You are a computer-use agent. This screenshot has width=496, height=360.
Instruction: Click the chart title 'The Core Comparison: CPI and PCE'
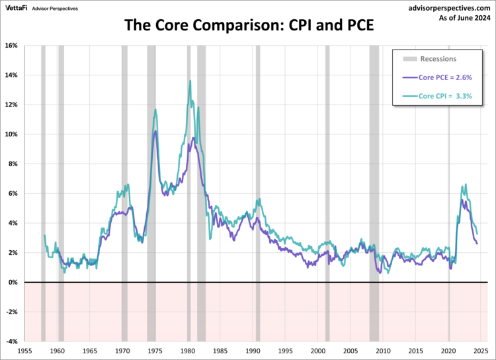click(248, 28)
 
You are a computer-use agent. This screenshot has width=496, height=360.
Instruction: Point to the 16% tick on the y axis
click(11, 46)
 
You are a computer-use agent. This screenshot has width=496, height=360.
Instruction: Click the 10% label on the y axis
click(11, 134)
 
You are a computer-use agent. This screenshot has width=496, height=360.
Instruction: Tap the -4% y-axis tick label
click(11, 341)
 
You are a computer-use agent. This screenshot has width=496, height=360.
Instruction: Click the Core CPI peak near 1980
click(190, 81)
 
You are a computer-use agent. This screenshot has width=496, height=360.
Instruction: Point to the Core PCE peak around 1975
click(155, 131)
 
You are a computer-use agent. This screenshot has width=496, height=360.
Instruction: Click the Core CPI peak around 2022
click(466, 185)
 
